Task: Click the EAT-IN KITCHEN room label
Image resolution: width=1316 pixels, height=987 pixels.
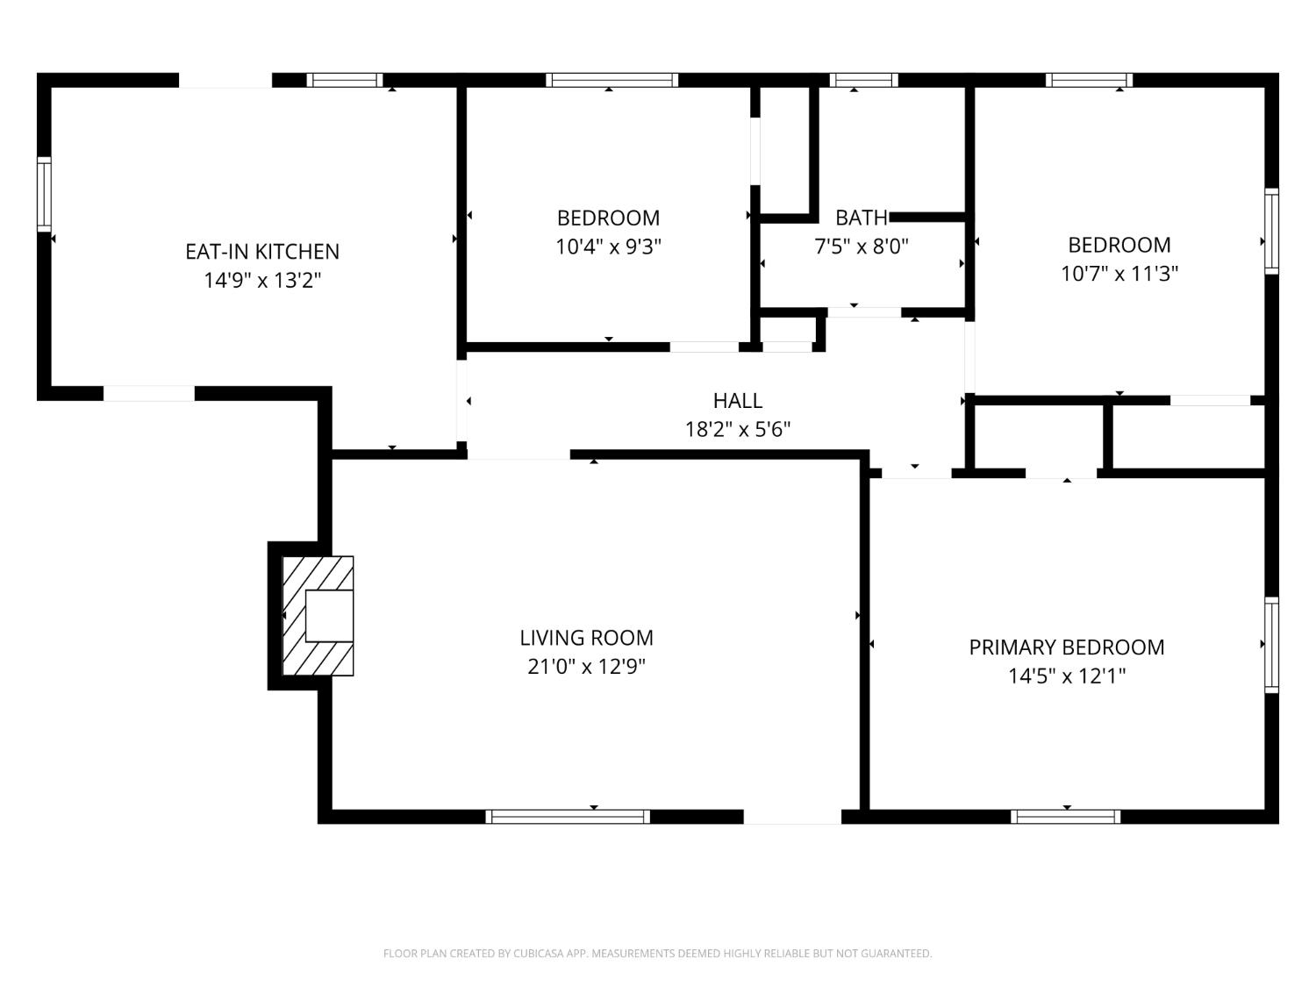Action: tap(262, 252)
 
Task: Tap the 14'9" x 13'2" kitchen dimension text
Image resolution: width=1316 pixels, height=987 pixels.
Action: tap(262, 281)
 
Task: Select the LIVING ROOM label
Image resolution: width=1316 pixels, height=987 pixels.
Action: tap(586, 638)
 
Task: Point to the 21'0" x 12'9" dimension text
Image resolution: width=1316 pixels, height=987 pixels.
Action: tap(586, 667)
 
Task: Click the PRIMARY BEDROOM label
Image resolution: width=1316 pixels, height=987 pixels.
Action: tap(1067, 647)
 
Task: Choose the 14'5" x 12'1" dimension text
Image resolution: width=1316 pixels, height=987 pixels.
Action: tap(1067, 676)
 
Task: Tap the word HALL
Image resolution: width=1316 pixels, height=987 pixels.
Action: tap(738, 401)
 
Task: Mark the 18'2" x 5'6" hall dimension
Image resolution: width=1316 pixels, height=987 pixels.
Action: tap(738, 429)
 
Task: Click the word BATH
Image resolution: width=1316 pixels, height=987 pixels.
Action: tap(862, 218)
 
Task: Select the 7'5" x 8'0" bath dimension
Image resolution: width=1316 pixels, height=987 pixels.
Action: tap(862, 247)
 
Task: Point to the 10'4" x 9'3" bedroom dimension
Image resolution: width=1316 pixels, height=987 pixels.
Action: tap(608, 247)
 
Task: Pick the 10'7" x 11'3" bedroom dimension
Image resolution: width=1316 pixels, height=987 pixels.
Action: tap(1119, 274)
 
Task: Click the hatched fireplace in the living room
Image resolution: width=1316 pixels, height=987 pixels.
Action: tap(318, 616)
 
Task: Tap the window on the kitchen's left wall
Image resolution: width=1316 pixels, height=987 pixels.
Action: tap(45, 194)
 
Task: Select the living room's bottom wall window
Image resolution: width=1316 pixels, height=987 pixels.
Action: tap(567, 816)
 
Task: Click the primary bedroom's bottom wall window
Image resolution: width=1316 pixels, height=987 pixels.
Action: tap(1065, 816)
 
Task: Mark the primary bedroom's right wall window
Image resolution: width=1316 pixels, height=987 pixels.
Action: tap(1271, 645)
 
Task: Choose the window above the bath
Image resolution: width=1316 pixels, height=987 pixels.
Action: tap(864, 81)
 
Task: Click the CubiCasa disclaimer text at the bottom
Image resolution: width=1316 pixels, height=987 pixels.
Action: tap(658, 954)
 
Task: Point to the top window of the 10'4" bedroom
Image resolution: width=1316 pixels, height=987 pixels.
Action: tap(612, 81)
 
